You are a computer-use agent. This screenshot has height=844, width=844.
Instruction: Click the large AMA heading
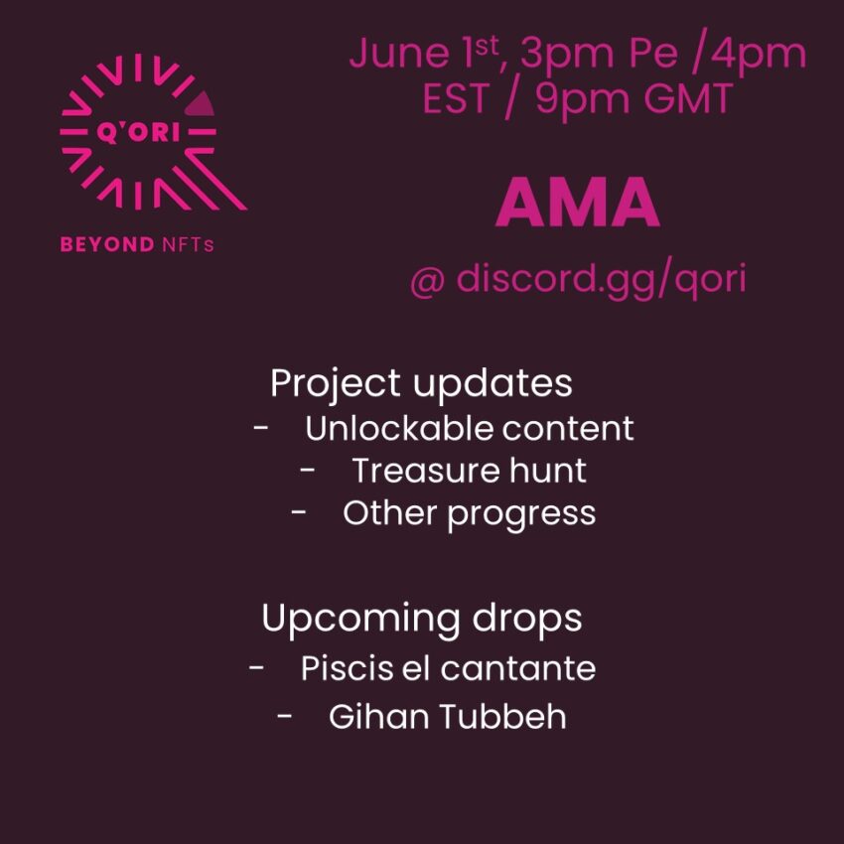coord(578,203)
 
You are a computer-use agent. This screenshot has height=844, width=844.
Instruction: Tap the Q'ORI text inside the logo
coord(138,132)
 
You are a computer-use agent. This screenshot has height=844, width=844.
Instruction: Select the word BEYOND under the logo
coord(107,244)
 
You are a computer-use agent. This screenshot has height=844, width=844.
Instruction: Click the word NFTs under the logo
coord(188,245)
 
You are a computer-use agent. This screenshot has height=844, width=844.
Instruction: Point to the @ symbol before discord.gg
coord(427,280)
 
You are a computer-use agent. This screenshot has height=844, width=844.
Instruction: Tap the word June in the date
coord(399,53)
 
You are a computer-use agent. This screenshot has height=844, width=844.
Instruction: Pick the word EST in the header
coord(456,98)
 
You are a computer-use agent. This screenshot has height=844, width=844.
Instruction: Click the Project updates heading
coord(421,384)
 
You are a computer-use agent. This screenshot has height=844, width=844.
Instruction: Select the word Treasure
coord(425,471)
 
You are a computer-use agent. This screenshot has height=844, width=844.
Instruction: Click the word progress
coord(521,514)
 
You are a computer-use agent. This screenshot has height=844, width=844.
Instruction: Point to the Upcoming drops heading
coord(421,619)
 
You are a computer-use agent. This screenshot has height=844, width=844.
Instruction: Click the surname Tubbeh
coord(502,716)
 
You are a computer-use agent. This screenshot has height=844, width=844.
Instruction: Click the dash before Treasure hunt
coord(308,470)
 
